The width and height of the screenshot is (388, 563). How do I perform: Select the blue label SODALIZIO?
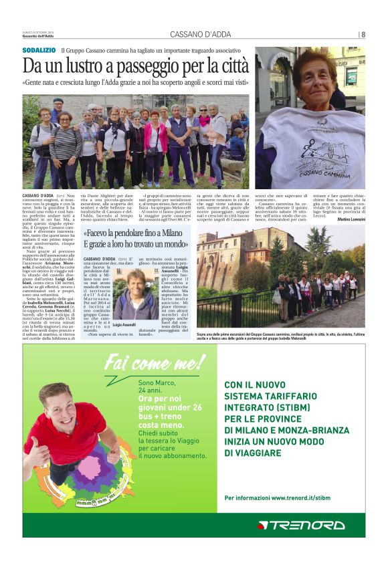[39, 50]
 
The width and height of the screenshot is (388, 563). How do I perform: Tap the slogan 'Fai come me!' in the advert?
[155, 364]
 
